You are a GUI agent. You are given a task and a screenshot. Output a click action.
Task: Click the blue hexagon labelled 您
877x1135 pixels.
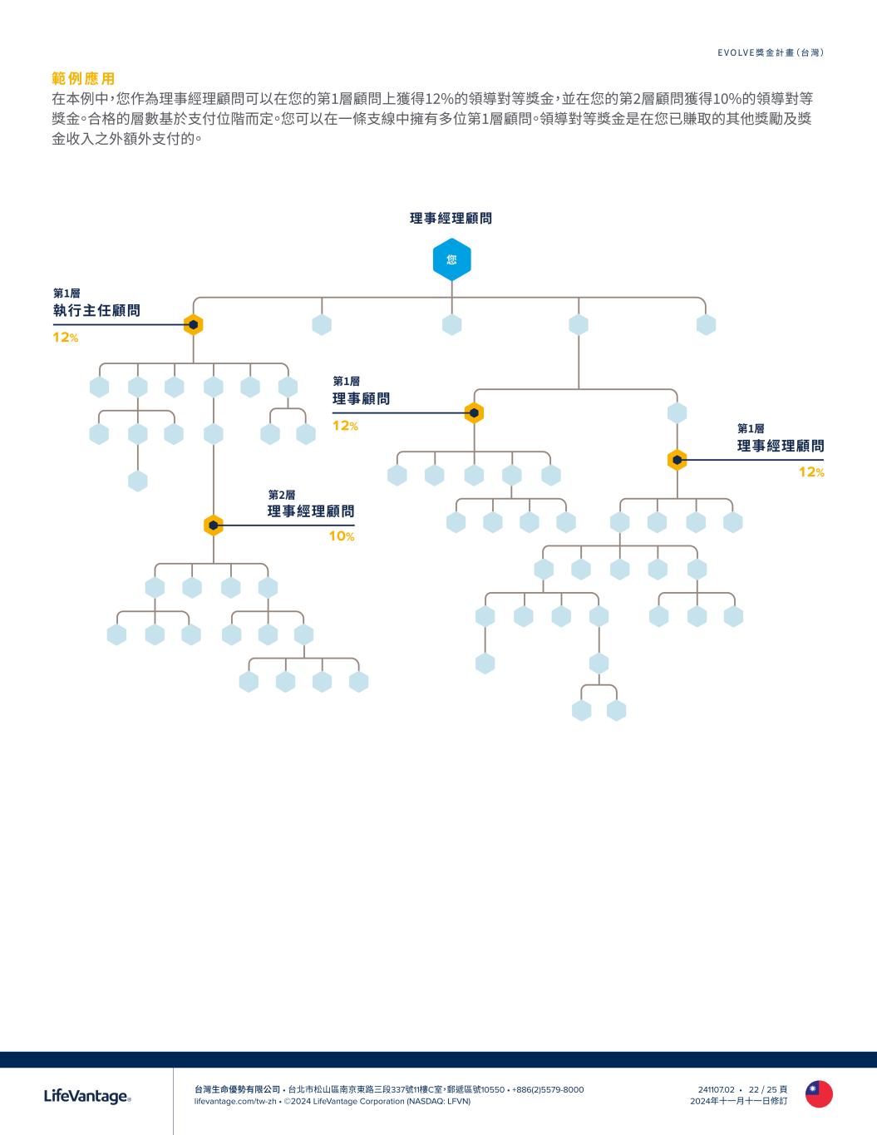[x=451, y=259]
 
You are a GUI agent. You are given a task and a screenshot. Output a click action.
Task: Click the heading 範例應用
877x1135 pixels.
[x=83, y=79]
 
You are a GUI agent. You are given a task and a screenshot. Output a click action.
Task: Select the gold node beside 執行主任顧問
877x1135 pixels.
[x=193, y=324]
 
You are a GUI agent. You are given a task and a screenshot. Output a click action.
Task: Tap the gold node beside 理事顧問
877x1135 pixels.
[x=474, y=412]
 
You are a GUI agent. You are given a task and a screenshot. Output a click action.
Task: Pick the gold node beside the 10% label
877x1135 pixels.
[x=214, y=526]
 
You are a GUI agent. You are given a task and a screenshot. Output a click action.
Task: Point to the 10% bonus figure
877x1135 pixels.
[x=341, y=536]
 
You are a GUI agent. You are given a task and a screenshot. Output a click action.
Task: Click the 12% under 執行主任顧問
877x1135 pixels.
[x=66, y=338]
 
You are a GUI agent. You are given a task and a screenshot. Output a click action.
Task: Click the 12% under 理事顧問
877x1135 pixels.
[x=345, y=426]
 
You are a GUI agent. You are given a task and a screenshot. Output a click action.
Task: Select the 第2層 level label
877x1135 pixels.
[x=281, y=495]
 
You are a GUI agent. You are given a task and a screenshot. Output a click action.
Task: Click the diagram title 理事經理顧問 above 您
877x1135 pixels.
[x=451, y=218]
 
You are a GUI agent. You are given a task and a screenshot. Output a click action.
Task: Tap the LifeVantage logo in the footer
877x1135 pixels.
[x=87, y=1097]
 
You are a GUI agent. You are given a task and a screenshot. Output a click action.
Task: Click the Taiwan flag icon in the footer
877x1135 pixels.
[x=819, y=1094]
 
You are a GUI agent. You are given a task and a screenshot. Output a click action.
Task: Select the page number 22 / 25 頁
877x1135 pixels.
[x=768, y=1089]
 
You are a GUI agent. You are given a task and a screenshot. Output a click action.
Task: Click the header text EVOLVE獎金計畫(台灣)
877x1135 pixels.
[x=771, y=52]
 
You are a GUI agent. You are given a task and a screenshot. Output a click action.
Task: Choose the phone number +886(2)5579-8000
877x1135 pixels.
[x=548, y=1089]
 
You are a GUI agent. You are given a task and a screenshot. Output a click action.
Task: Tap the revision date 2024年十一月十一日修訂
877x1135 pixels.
[x=738, y=1101]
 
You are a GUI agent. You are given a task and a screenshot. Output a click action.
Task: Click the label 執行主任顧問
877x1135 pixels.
[x=96, y=311]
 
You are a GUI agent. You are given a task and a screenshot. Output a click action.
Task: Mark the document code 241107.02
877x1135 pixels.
[x=717, y=1089]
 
